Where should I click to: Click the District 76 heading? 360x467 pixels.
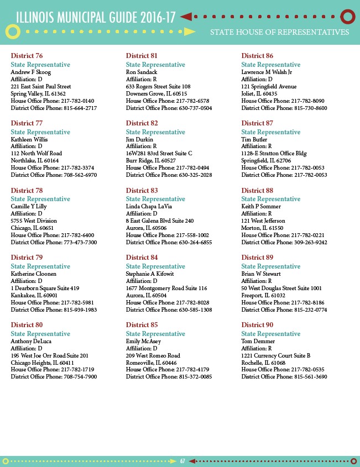[x=27, y=56]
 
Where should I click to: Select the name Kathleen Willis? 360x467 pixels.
[x=29, y=139]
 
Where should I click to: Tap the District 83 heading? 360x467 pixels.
[x=142, y=191]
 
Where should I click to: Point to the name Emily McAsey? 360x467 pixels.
[x=143, y=341]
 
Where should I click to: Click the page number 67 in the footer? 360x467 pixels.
[x=182, y=461]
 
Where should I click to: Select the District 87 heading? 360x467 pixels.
[x=257, y=123]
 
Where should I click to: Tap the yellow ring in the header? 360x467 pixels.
[x=13, y=32]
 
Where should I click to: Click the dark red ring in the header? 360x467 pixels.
[x=347, y=17]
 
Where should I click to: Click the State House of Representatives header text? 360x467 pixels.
[x=279, y=32]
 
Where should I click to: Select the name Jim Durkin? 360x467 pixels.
[x=139, y=139]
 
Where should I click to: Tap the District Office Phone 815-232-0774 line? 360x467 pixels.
[x=284, y=309]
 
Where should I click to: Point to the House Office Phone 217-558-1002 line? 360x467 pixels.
[x=168, y=235]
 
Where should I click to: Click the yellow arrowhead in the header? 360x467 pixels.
[x=190, y=32]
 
